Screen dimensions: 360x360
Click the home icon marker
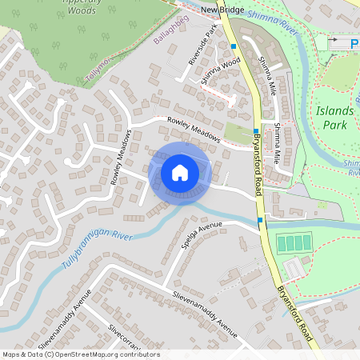tap(180, 173)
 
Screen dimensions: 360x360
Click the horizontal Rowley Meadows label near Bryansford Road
tap(193, 129)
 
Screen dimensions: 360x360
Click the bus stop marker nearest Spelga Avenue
tap(260, 219)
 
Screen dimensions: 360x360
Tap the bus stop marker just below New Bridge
tap(233, 47)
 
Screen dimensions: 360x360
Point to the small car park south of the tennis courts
tap(294, 270)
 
